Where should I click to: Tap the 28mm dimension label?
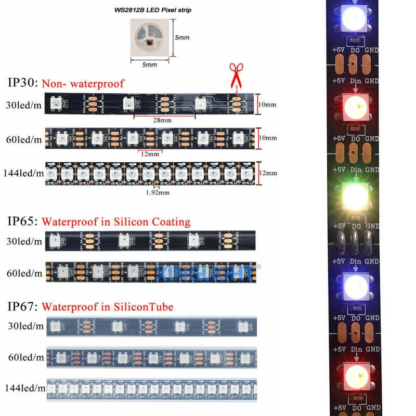click(162, 121)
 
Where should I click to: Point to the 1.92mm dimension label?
click(158, 192)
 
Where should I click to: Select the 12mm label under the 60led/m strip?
click(149, 154)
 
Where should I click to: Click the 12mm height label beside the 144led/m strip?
click(268, 173)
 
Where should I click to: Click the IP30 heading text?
click(22, 83)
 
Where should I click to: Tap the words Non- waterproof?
click(83, 84)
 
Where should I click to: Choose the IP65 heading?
click(22, 222)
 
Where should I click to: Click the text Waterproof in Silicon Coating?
click(116, 222)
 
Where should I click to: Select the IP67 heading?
click(22, 307)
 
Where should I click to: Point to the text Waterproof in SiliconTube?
click(107, 307)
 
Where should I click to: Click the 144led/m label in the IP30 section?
click(23, 173)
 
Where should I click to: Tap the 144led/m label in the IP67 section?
click(23, 387)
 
